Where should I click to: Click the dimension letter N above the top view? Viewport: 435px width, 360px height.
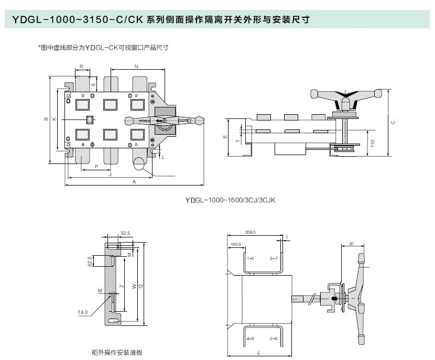pyautogui.click(x=136, y=67)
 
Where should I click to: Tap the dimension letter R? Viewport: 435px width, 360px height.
pyautogui.click(x=81, y=67)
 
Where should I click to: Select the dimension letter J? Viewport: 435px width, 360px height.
pyautogui.click(x=110, y=174)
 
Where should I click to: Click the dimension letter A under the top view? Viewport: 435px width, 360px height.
pyautogui.click(x=134, y=182)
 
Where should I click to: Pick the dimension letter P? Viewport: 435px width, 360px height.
pyautogui.click(x=96, y=167)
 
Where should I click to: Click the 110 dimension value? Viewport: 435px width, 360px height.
pyautogui.click(x=373, y=143)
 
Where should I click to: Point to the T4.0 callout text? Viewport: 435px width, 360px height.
pyautogui.click(x=83, y=312)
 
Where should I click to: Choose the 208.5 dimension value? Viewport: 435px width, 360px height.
pyautogui.click(x=250, y=233)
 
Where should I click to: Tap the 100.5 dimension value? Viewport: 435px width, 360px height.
pyautogui.click(x=235, y=244)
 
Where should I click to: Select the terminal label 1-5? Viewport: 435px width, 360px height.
pyautogui.click(x=251, y=259)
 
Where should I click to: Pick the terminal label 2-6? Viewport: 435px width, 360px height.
pyautogui.click(x=273, y=339)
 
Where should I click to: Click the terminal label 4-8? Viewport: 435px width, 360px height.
pyautogui.click(x=251, y=339)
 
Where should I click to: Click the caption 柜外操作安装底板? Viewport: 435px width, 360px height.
pyautogui.click(x=117, y=352)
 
